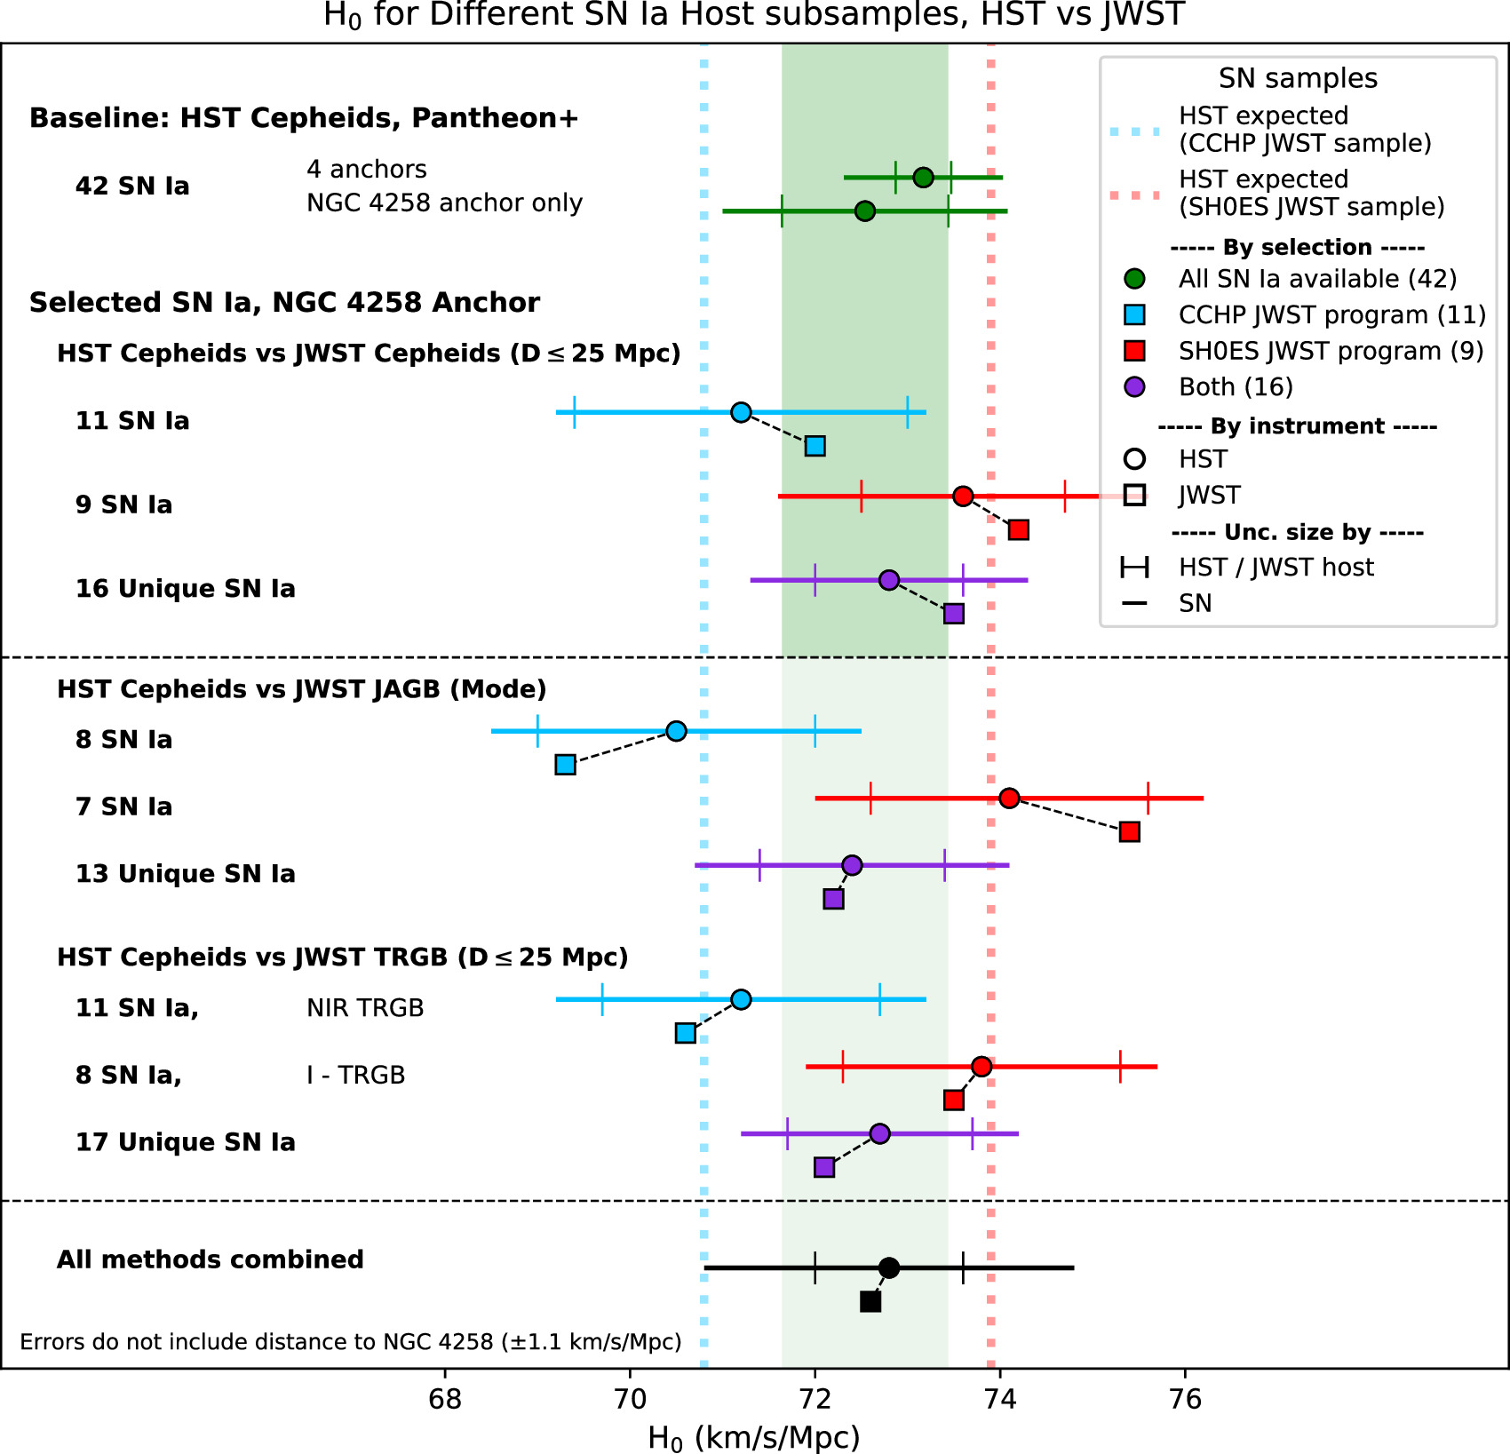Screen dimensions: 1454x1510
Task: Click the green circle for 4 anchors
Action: click(x=923, y=178)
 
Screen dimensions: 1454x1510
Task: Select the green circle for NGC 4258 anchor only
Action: click(x=864, y=211)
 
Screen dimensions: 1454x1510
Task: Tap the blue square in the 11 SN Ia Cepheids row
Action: click(x=815, y=446)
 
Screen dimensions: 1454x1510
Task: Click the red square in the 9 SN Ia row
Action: click(x=1018, y=530)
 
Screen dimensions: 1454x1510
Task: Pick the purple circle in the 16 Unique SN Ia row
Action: click(x=888, y=580)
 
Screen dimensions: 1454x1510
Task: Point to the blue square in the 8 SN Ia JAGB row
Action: click(x=565, y=765)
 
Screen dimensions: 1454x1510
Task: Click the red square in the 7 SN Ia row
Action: click(x=1129, y=832)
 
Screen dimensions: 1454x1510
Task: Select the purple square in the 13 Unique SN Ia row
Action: click(x=833, y=899)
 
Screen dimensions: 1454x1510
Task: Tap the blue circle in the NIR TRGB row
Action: click(x=741, y=999)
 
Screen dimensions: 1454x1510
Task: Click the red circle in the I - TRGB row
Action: click(x=981, y=1066)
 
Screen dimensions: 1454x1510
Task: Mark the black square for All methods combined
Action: click(x=870, y=1301)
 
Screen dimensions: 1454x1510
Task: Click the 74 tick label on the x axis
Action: click(x=1000, y=1400)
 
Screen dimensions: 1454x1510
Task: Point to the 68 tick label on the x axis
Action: click(x=444, y=1400)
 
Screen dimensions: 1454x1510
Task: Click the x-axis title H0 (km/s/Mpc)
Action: click(x=753, y=1437)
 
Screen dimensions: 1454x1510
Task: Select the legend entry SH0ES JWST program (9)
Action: click(x=1331, y=351)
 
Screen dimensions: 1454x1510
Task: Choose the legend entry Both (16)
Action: click(x=1235, y=387)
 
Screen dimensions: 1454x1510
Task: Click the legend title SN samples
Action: click(x=1298, y=78)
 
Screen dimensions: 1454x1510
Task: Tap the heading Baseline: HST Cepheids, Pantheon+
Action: click(x=304, y=118)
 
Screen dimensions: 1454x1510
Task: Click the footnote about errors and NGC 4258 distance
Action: click(x=351, y=1341)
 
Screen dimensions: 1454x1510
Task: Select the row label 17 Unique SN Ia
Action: click(x=185, y=1142)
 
